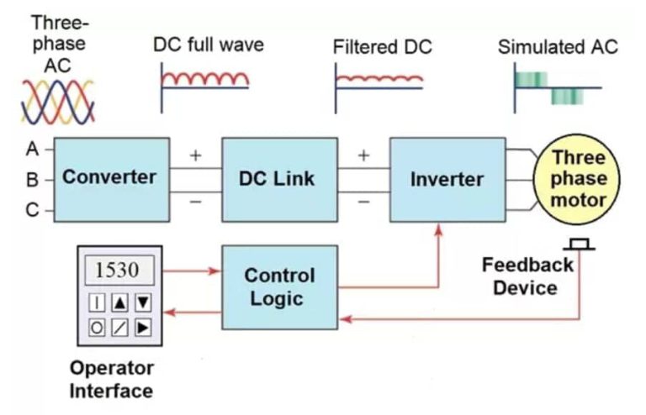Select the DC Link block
(278, 178)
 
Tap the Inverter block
(447, 179)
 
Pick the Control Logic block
(278, 287)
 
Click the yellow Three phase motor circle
(578, 179)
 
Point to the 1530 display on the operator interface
(118, 271)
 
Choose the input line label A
(32, 149)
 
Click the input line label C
(32, 210)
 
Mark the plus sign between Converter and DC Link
(196, 156)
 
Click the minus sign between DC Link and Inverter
(363, 202)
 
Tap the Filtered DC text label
(382, 47)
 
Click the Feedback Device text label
(527, 276)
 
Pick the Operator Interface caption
(111, 380)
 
